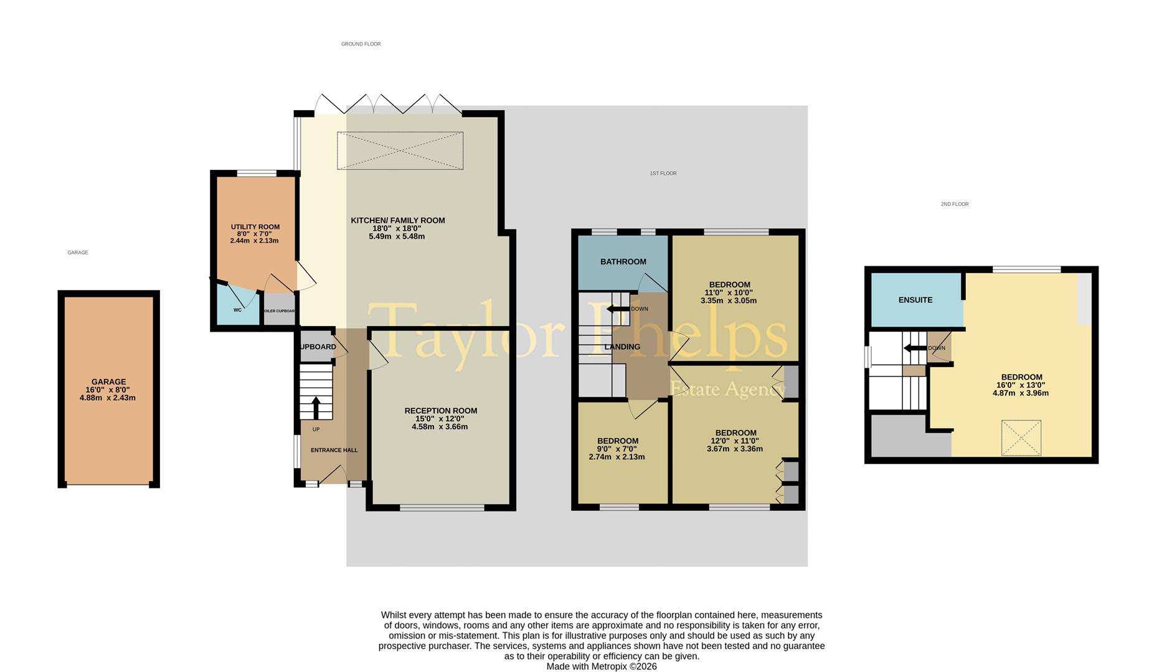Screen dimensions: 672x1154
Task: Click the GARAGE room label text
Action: click(x=108, y=382)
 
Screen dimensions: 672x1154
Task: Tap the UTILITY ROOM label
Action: click(x=255, y=227)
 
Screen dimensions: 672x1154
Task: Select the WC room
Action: click(x=237, y=309)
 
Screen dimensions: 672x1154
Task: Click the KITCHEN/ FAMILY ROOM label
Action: click(x=397, y=220)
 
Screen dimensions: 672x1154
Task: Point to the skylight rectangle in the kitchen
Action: click(x=400, y=151)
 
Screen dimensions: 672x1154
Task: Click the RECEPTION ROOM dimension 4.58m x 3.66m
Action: click(x=440, y=427)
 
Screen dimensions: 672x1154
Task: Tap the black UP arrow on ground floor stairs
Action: click(x=315, y=408)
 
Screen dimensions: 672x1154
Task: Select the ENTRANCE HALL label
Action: click(x=334, y=450)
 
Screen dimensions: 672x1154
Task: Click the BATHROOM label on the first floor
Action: click(x=623, y=262)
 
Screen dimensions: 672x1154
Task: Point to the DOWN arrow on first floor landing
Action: click(x=618, y=309)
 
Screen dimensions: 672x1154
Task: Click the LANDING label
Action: click(x=622, y=347)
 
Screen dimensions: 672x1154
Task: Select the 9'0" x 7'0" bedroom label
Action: click(x=617, y=441)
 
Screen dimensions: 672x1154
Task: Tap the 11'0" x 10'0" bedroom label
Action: click(x=729, y=285)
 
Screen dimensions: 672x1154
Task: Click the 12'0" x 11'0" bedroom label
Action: click(x=735, y=433)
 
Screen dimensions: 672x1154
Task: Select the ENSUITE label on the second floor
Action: click(x=915, y=300)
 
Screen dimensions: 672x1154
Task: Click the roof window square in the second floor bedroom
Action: click(x=1021, y=438)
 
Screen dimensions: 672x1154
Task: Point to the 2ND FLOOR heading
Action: click(x=954, y=204)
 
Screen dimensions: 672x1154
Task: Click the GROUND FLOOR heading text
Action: click(x=361, y=44)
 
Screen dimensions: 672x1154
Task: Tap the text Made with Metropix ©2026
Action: click(x=601, y=666)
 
